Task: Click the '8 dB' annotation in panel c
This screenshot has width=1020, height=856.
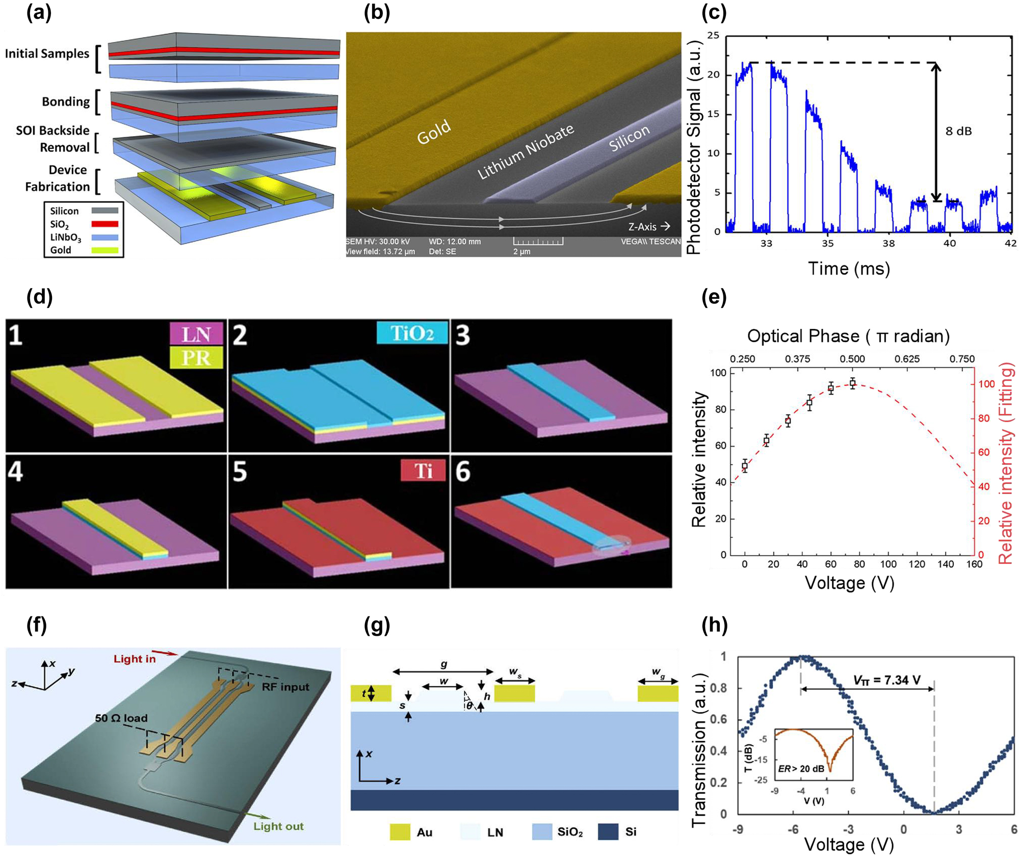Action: coord(958,131)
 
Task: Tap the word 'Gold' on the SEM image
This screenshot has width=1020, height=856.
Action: coord(434,132)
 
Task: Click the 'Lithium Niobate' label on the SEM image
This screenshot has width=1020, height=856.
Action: coord(526,151)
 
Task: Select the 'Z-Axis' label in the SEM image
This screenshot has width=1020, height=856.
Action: coord(642,227)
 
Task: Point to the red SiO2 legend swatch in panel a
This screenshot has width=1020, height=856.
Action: coord(104,224)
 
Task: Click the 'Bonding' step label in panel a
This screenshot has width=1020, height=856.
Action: coord(65,101)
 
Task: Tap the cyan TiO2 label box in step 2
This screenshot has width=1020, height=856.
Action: coord(412,333)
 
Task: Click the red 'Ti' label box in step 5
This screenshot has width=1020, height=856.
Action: coord(423,470)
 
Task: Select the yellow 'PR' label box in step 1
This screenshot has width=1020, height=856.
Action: coord(196,358)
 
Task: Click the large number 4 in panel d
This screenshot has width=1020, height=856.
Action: coord(15,472)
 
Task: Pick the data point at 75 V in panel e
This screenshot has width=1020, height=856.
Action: coord(852,383)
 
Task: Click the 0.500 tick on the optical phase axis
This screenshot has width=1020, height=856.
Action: coord(852,359)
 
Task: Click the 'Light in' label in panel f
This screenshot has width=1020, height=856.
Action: coord(135,659)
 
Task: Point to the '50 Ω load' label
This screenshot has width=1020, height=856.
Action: coord(121,718)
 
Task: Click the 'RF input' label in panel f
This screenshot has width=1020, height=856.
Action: coord(285,687)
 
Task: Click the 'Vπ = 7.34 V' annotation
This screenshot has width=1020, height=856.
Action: coord(886,680)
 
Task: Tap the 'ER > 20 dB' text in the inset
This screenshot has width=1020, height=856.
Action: coord(801,768)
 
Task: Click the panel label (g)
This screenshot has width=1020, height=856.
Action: coord(377,625)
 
